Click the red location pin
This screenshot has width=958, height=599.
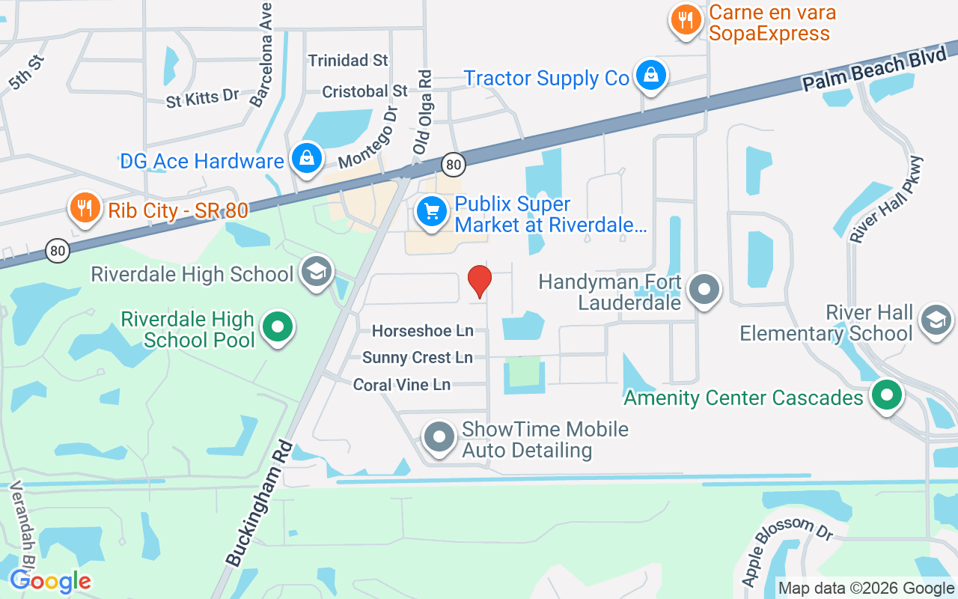[479, 282]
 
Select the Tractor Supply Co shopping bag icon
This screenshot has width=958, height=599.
[651, 76]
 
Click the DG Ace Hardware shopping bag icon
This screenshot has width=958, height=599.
[306, 158]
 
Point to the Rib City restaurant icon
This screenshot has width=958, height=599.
[85, 207]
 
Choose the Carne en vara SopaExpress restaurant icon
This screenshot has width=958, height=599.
[686, 19]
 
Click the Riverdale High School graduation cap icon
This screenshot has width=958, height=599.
[316, 273]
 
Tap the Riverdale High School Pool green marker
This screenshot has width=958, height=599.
[278, 327]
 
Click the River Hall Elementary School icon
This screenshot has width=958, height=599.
[936, 320]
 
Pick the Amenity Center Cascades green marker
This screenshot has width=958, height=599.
[887, 395]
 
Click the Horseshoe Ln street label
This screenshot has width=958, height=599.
[423, 330]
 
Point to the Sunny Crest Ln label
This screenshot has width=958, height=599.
[417, 358]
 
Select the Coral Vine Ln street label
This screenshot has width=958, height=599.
[401, 385]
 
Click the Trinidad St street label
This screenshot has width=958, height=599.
[349, 60]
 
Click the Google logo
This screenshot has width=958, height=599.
[51, 581]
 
